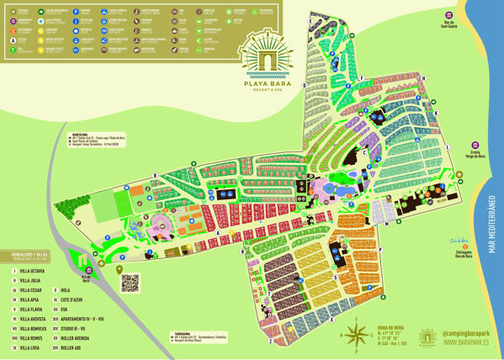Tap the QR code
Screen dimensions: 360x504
point(129,283)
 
